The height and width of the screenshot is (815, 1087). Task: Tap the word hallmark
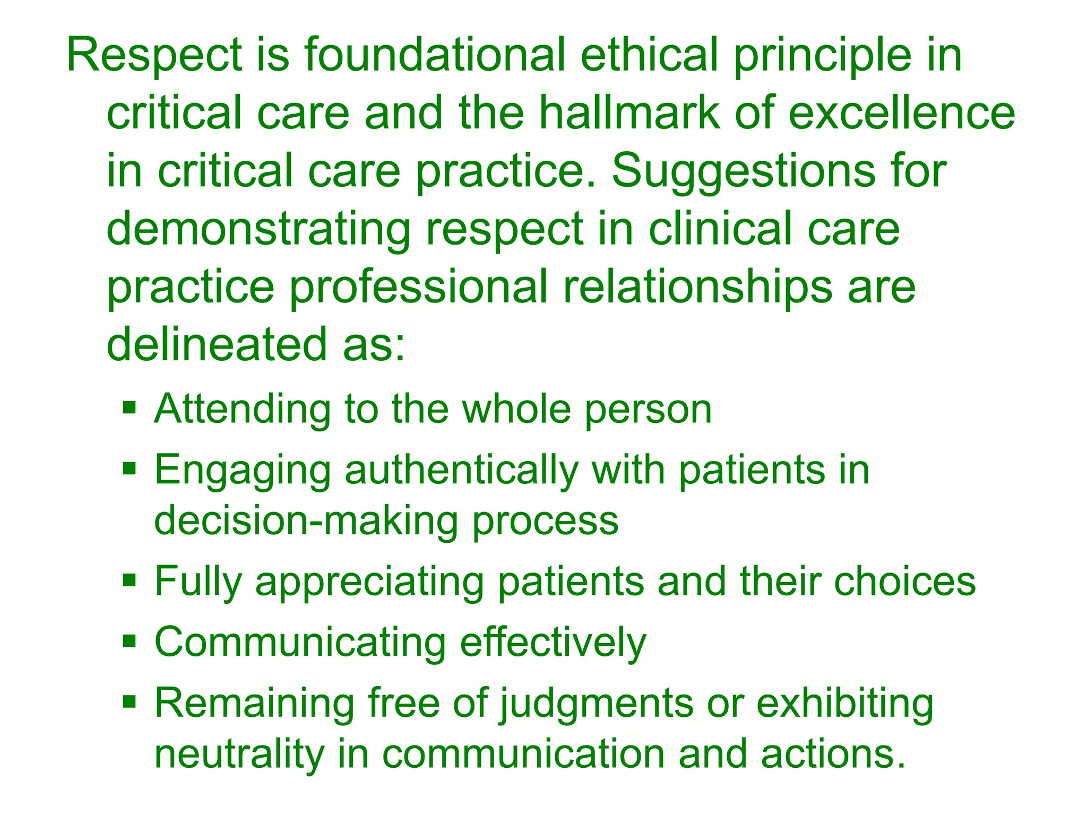[629, 112]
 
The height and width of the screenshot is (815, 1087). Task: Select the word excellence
[902, 112]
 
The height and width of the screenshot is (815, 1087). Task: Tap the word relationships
[697, 287]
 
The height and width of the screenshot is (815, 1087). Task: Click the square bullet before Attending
[130, 408]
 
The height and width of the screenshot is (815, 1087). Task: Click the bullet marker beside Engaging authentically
[130, 469]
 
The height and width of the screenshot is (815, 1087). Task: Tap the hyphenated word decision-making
[306, 521]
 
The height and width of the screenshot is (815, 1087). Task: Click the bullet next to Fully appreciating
[130, 580]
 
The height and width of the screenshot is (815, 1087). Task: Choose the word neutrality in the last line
[239, 754]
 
